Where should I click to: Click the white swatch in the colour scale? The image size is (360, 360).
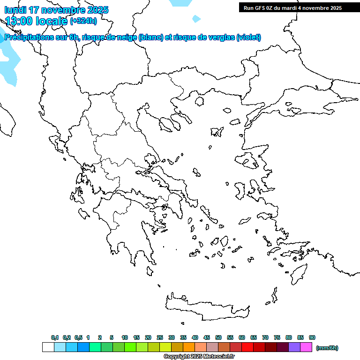[x=48, y=347]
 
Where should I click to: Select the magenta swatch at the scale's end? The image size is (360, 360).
[x=306, y=347]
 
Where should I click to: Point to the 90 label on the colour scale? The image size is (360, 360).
[x=312, y=337]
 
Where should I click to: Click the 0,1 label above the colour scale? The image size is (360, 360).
[x=55, y=337]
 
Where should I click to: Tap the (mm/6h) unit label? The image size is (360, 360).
[x=327, y=348]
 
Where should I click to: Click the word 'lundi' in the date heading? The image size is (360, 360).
[x=15, y=10]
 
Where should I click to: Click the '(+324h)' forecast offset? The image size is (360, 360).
[x=83, y=21]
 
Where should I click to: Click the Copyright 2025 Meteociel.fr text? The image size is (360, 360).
[x=199, y=356]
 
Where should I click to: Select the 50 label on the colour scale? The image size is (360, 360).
[x=218, y=337]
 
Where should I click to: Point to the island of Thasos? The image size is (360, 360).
[x=199, y=101]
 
